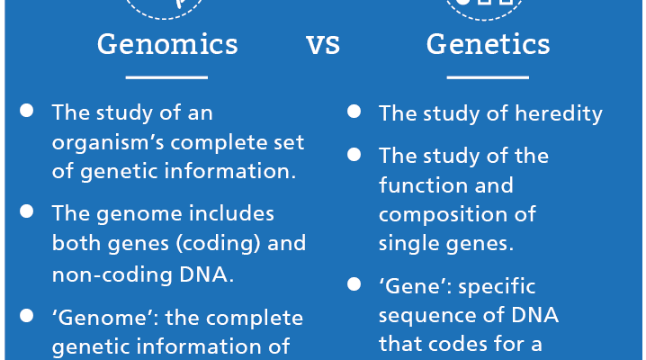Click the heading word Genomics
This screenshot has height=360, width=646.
(167, 45)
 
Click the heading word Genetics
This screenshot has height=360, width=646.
(489, 44)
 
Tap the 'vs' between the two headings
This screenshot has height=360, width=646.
(323, 45)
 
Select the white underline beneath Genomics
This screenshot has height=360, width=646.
(166, 77)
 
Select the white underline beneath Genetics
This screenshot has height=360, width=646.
(488, 77)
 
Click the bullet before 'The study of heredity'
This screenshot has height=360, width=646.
(354, 112)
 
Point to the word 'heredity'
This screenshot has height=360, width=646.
(559, 114)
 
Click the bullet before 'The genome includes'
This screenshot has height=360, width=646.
(27, 211)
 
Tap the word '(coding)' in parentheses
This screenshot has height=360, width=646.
(219, 244)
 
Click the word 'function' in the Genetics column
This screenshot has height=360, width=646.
(423, 184)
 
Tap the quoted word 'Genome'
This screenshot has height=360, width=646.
(105, 318)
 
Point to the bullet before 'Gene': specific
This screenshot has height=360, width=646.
(354, 284)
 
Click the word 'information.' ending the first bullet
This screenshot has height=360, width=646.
(230, 171)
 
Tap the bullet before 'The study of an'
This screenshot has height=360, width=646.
(27, 111)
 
